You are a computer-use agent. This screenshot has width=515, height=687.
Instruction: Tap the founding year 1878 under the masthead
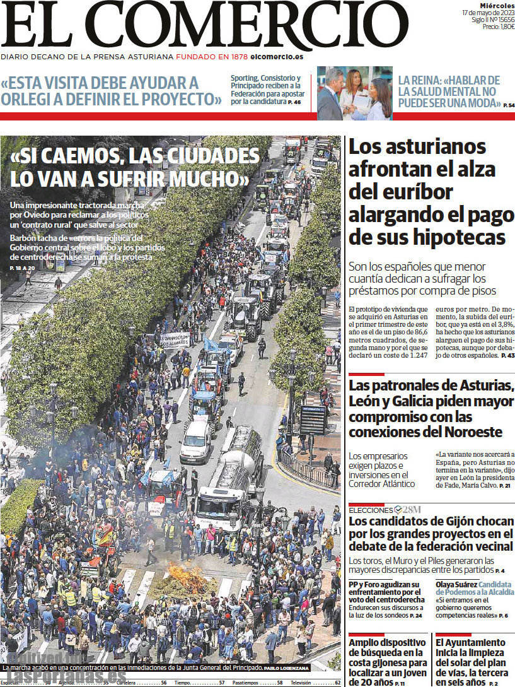[x=239, y=57]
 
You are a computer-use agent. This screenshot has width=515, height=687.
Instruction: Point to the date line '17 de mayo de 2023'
[x=489, y=12]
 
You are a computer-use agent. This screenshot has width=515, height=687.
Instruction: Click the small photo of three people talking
[x=354, y=93]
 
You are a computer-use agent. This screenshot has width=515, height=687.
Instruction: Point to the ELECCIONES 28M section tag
[x=385, y=509]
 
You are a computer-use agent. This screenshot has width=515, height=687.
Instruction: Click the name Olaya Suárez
[x=456, y=584]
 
